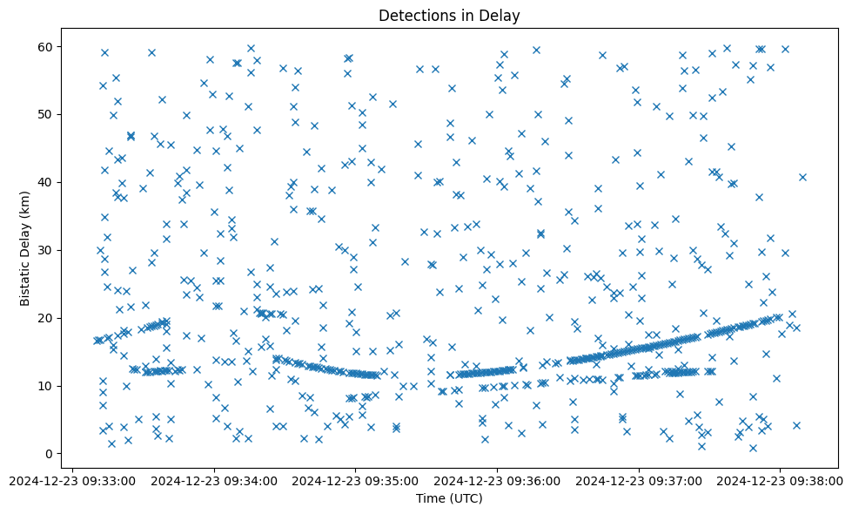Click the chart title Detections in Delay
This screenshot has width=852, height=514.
click(449, 16)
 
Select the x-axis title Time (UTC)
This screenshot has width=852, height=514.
click(449, 498)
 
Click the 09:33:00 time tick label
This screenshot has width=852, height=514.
click(72, 480)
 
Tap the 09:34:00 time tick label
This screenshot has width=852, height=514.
click(214, 480)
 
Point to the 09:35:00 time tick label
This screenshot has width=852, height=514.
click(355, 480)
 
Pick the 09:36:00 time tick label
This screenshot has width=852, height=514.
click(497, 480)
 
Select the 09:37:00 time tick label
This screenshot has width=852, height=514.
click(639, 480)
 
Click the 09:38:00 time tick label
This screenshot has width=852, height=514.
click(780, 480)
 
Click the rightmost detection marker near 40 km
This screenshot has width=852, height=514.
click(802, 177)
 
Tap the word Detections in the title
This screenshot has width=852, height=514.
click(413, 16)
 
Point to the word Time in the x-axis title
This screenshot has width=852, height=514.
click(430, 498)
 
